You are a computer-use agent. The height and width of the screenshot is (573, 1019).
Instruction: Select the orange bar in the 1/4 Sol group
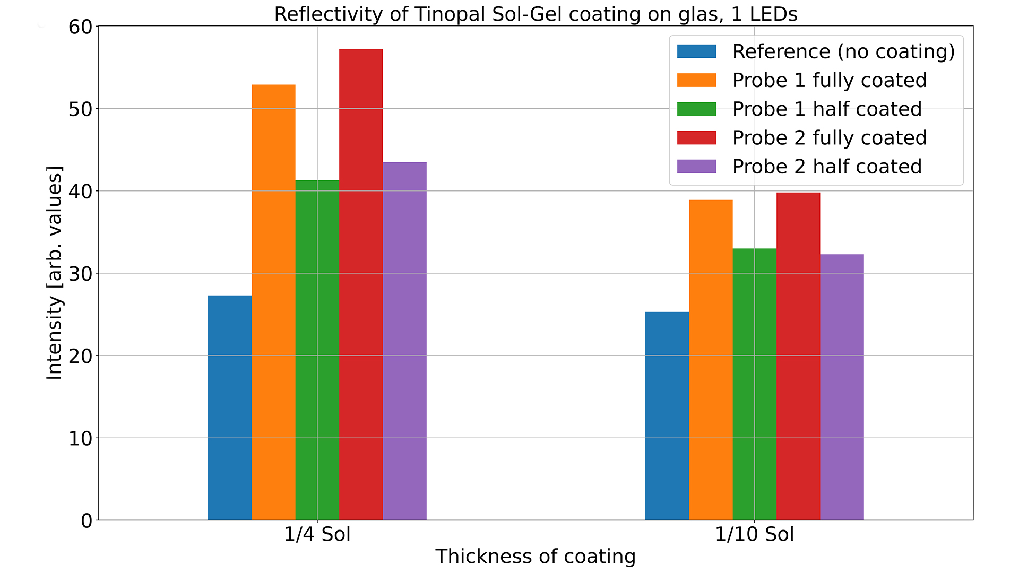[273, 302]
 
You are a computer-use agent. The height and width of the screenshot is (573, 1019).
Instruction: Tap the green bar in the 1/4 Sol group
[317, 350]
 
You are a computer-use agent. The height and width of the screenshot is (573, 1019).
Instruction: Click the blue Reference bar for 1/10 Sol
[667, 416]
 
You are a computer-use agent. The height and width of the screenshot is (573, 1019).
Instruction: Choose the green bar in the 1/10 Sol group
[754, 384]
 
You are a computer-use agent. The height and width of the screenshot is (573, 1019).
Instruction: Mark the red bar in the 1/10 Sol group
[798, 356]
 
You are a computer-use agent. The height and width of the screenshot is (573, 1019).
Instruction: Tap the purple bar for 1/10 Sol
[842, 387]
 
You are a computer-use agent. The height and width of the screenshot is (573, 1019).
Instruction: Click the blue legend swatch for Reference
[696, 51]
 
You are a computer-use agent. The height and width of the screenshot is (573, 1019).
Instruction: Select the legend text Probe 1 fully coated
[829, 80]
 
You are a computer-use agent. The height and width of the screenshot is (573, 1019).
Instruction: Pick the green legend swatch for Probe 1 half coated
[696, 109]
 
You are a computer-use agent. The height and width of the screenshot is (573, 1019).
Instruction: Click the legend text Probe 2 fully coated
[829, 137]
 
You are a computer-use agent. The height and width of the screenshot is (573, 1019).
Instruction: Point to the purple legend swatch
[696, 167]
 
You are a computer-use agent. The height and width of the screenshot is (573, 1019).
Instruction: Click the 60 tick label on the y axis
[80, 27]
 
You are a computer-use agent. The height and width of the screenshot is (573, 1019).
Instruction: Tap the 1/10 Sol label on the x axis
[754, 534]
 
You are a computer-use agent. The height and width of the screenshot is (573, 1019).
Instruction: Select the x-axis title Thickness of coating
[536, 556]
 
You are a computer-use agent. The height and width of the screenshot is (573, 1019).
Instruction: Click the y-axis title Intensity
[54, 273]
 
